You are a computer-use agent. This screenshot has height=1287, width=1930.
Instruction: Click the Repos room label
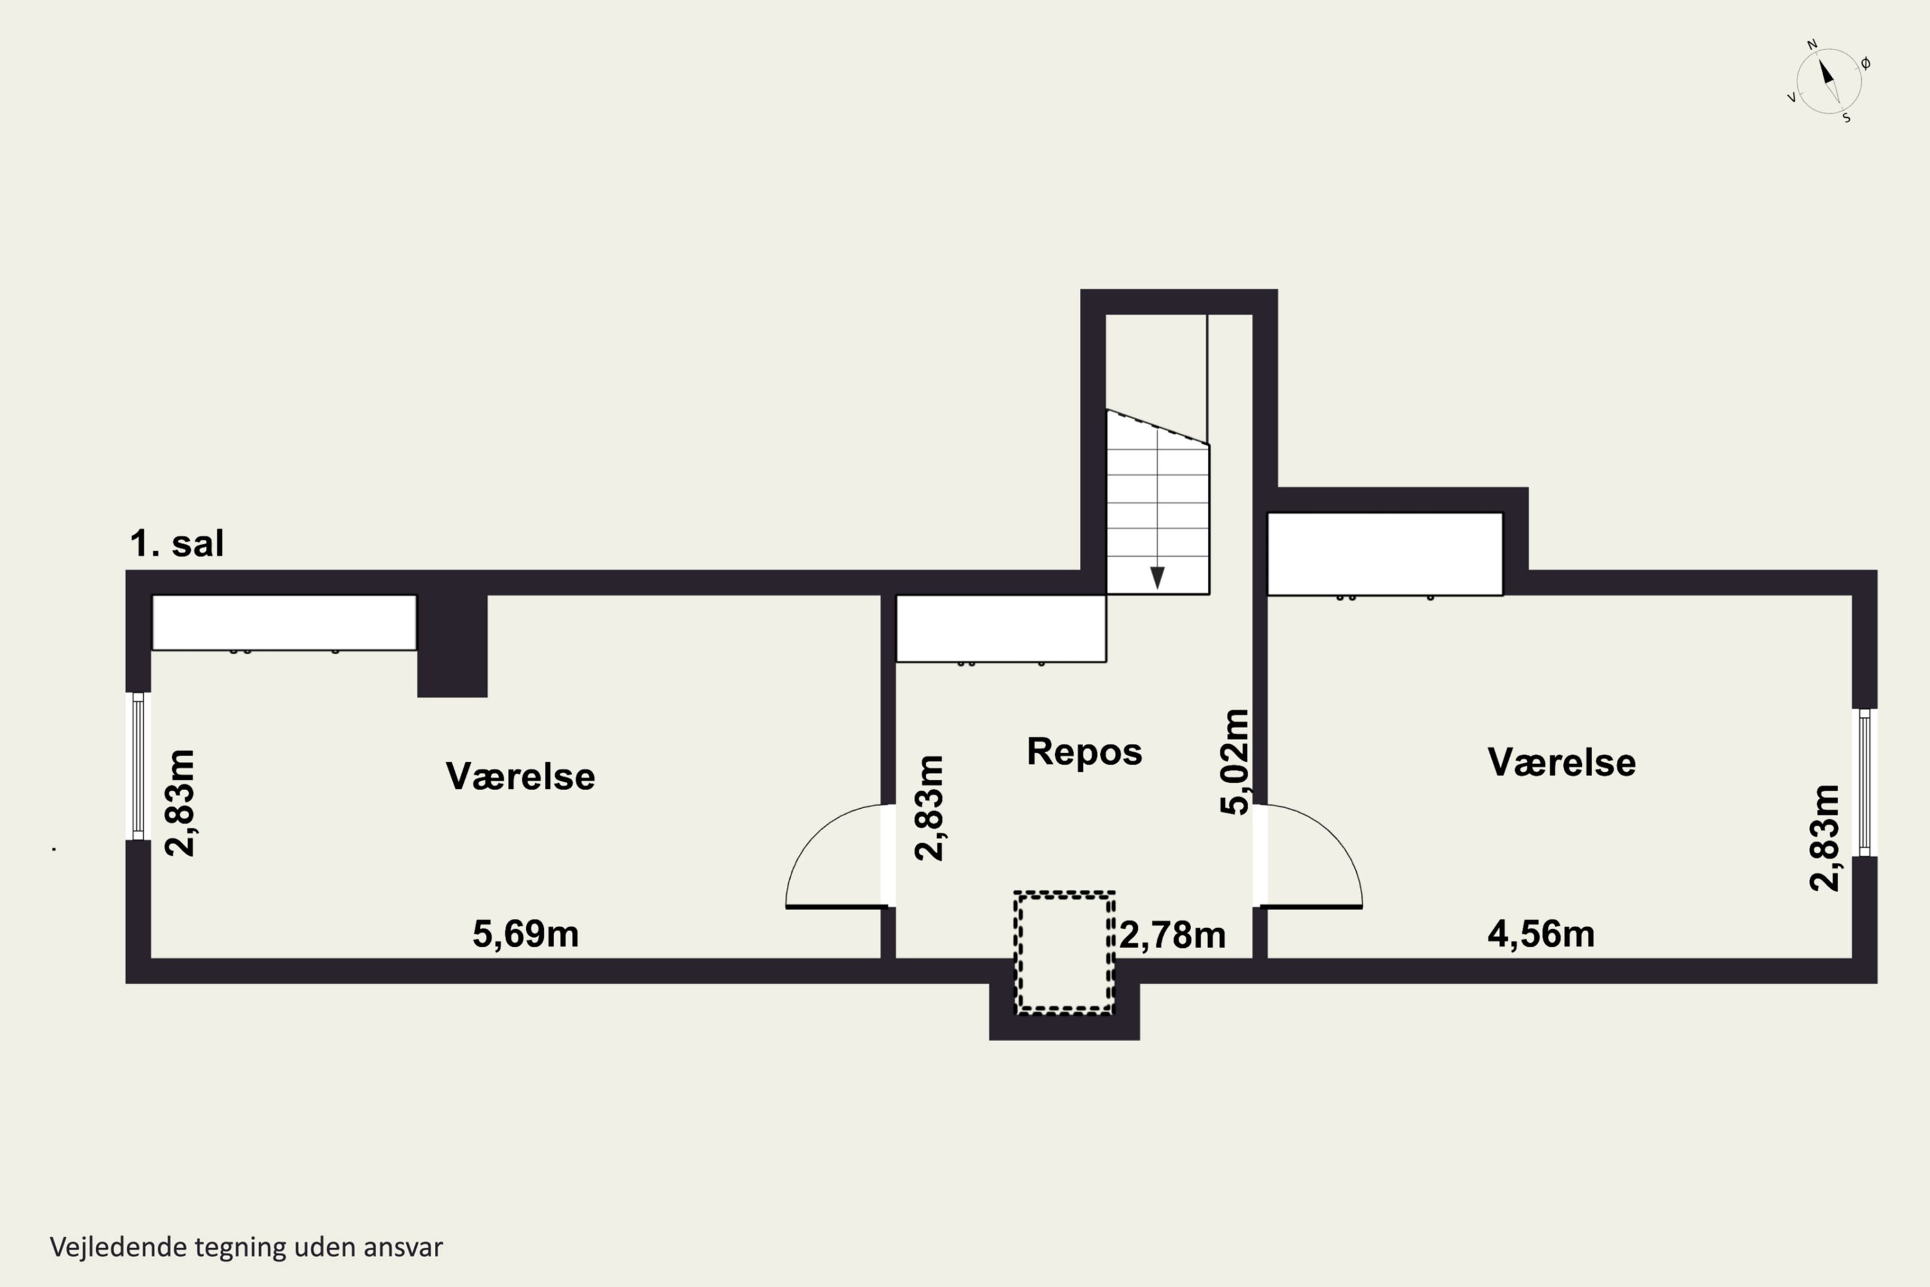1084,752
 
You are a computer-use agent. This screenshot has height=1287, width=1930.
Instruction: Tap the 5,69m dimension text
525,934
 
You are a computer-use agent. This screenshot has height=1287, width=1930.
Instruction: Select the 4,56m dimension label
1541,934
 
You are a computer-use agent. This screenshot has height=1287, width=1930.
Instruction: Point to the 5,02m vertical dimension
1235,762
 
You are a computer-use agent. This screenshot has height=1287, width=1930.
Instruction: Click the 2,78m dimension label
1173,935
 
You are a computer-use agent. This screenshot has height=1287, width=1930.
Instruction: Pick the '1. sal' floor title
176,543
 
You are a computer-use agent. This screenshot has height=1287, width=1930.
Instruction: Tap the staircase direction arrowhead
1157,578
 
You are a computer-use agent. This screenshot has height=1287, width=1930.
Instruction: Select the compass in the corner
1829,81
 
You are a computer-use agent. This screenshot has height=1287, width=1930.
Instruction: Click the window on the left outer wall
138,766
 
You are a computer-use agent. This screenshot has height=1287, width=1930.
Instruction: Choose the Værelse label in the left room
520,777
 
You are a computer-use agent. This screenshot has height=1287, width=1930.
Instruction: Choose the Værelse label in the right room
1561,763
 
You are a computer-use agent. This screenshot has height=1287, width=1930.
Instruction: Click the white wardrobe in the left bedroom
284,623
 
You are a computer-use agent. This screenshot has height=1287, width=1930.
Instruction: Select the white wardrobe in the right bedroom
1385,554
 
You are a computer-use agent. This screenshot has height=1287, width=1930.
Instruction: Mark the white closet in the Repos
1000,629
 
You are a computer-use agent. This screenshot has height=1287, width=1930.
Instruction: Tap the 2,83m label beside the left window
181,802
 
